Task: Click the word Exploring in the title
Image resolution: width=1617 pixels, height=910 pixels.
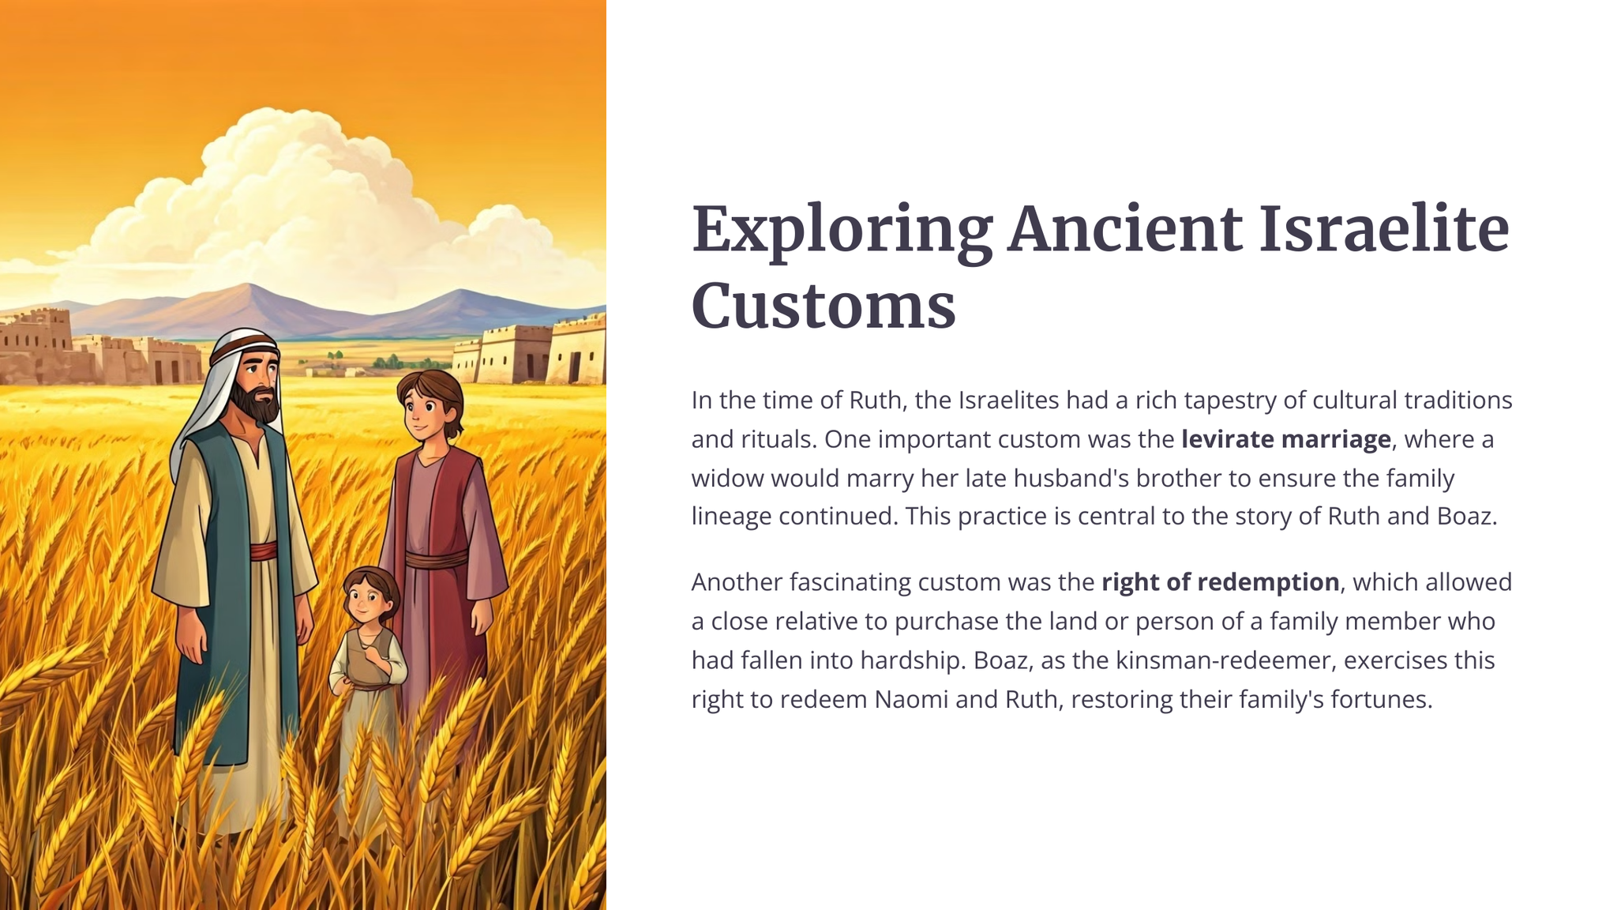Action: pyautogui.click(x=842, y=231)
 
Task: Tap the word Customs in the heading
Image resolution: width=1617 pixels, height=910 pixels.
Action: pyautogui.click(x=824, y=306)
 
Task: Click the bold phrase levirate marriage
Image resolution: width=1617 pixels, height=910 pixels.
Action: pyautogui.click(x=1285, y=439)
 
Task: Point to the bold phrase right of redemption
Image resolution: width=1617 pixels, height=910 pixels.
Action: pyautogui.click(x=1220, y=582)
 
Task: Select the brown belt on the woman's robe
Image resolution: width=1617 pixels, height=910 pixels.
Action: pyautogui.click(x=436, y=560)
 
